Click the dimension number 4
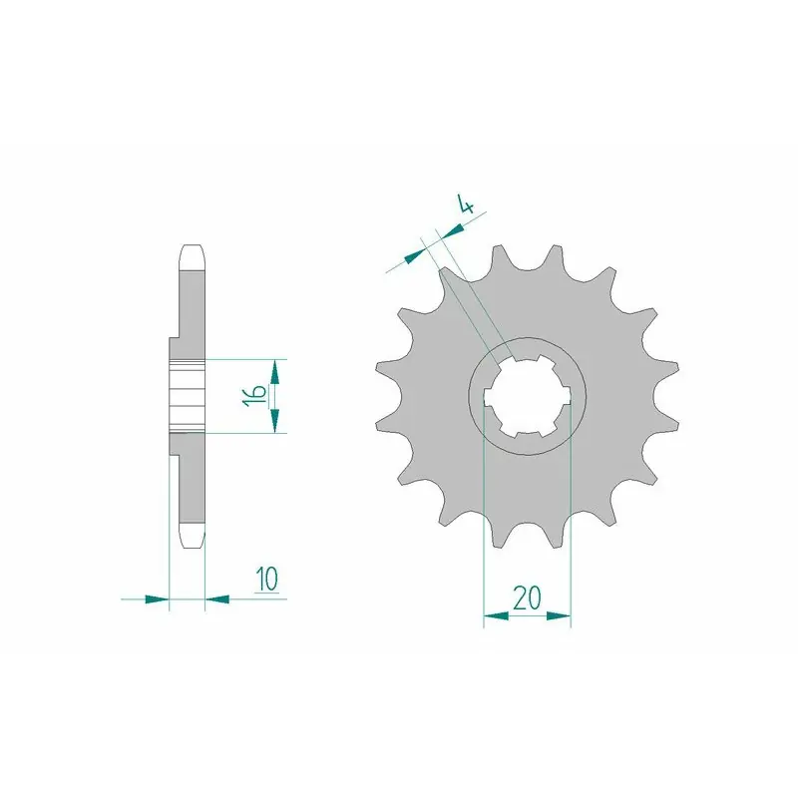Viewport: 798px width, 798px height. click(x=466, y=203)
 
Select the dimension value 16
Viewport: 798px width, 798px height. click(x=254, y=395)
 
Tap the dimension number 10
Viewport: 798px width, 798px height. click(x=267, y=579)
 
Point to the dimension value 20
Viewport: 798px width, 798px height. click(x=527, y=598)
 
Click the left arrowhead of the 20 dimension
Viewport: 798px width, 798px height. click(x=496, y=616)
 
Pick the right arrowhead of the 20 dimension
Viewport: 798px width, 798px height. click(x=559, y=616)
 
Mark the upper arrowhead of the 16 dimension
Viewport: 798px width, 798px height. click(x=275, y=372)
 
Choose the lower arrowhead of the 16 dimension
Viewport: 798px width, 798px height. click(x=275, y=420)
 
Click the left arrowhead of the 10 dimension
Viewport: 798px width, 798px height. click(x=157, y=599)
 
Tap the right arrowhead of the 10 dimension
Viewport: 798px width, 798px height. click(x=216, y=599)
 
